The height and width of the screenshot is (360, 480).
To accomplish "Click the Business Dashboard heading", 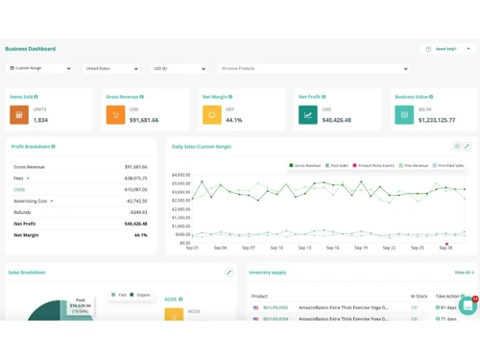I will coord(30,49).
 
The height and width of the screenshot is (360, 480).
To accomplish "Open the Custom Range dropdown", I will coord(39,69).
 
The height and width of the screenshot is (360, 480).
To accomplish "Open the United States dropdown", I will coord(110,69).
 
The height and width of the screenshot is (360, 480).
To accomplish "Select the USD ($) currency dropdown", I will coord(179,69).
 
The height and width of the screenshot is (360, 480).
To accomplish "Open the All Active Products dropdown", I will coord(314,69).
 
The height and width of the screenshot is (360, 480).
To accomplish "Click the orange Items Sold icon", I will coord(18,115).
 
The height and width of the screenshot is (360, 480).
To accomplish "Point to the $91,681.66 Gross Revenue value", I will coord(144,121).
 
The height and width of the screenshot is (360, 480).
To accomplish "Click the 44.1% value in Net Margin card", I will coord(234,121).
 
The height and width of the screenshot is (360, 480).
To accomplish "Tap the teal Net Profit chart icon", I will coord(307,115).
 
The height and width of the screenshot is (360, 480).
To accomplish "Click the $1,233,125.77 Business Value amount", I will coord(437,121).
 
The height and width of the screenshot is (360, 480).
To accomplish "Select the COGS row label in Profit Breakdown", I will coord(19,190).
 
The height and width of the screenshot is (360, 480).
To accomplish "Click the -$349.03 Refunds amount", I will coord(138,212).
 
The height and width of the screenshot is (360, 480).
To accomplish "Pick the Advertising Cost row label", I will coord(31,202).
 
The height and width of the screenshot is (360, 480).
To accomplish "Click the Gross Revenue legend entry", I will coord(305,165).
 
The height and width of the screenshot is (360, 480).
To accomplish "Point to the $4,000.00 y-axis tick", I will coord(181,176).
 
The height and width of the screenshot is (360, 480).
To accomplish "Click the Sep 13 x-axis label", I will coord(304,248).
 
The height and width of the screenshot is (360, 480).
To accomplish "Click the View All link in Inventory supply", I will coord(464,273).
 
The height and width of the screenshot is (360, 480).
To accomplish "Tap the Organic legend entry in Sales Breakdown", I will coord(142,295).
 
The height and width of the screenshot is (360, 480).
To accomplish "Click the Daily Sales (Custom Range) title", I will coord(202,147).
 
